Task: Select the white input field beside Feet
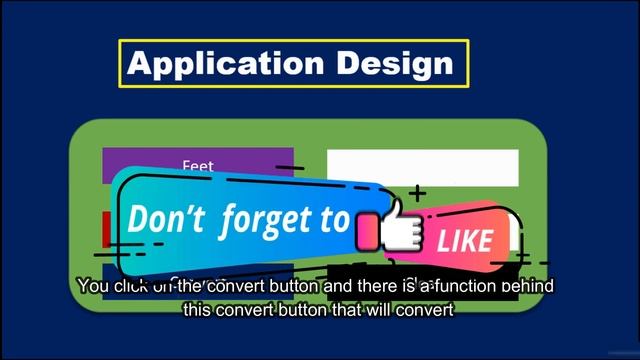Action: tap(422, 167)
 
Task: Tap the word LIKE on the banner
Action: tap(464, 240)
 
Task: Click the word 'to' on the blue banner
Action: tap(337, 219)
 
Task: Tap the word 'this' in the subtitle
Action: tap(197, 310)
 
